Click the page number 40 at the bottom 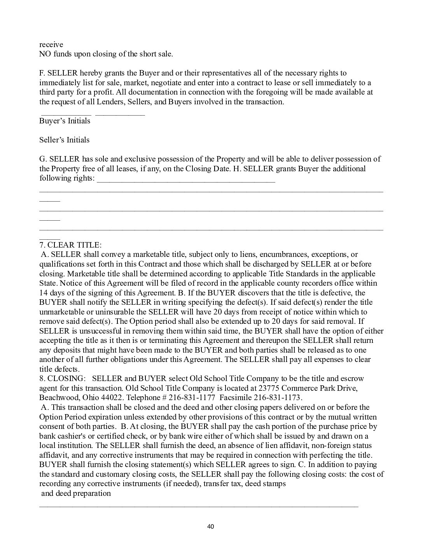211,527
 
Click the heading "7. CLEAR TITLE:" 70,245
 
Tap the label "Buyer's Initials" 65,121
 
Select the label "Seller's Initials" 64,140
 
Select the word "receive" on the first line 51,44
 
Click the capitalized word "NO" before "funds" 45,54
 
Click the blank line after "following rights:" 186,180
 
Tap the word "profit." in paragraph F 101,92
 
